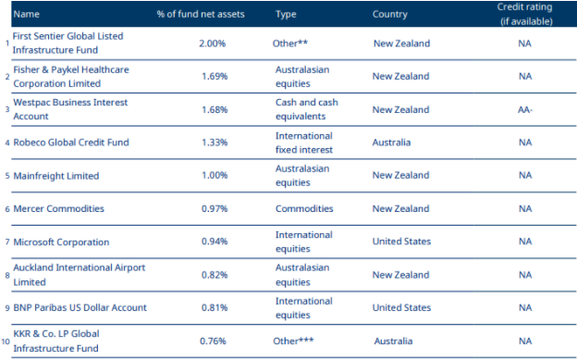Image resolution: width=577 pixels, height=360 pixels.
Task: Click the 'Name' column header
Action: (26, 14)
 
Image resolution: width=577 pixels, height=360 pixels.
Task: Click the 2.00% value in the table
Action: (214, 43)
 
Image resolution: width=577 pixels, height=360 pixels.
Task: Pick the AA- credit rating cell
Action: (524, 109)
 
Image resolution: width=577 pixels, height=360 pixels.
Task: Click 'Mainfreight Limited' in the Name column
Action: (55, 175)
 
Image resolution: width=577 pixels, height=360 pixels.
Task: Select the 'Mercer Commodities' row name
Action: (58, 208)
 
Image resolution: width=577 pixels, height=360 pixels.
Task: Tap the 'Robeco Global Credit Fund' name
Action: (71, 143)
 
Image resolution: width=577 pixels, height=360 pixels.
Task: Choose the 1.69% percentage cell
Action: (214, 76)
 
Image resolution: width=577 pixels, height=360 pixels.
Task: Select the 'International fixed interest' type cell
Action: (303, 143)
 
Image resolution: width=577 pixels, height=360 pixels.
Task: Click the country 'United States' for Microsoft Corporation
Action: (401, 242)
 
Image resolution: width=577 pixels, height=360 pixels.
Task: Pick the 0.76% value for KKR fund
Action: (214, 341)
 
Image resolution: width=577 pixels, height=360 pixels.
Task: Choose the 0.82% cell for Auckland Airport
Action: (214, 275)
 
